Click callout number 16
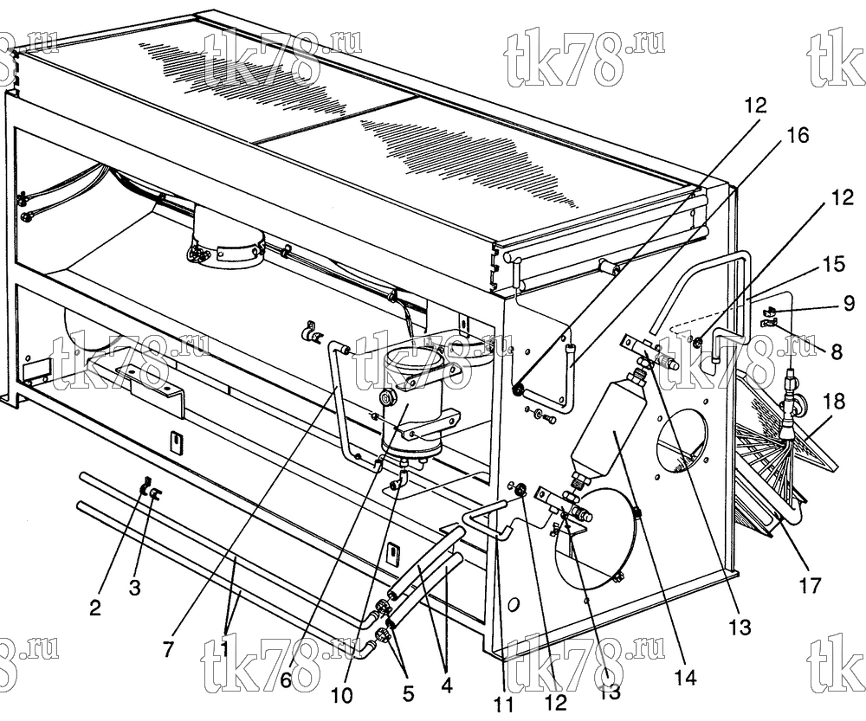tap(795, 135)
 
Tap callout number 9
tap(849, 304)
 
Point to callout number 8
tap(837, 351)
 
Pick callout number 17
tap(811, 585)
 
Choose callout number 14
tap(684, 678)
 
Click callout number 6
tap(286, 680)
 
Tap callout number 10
tap(342, 696)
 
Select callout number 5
tap(408, 693)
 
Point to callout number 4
tap(447, 686)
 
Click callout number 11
tap(503, 705)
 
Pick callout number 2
tap(95, 608)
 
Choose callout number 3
tap(135, 589)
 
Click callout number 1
tap(225, 650)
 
